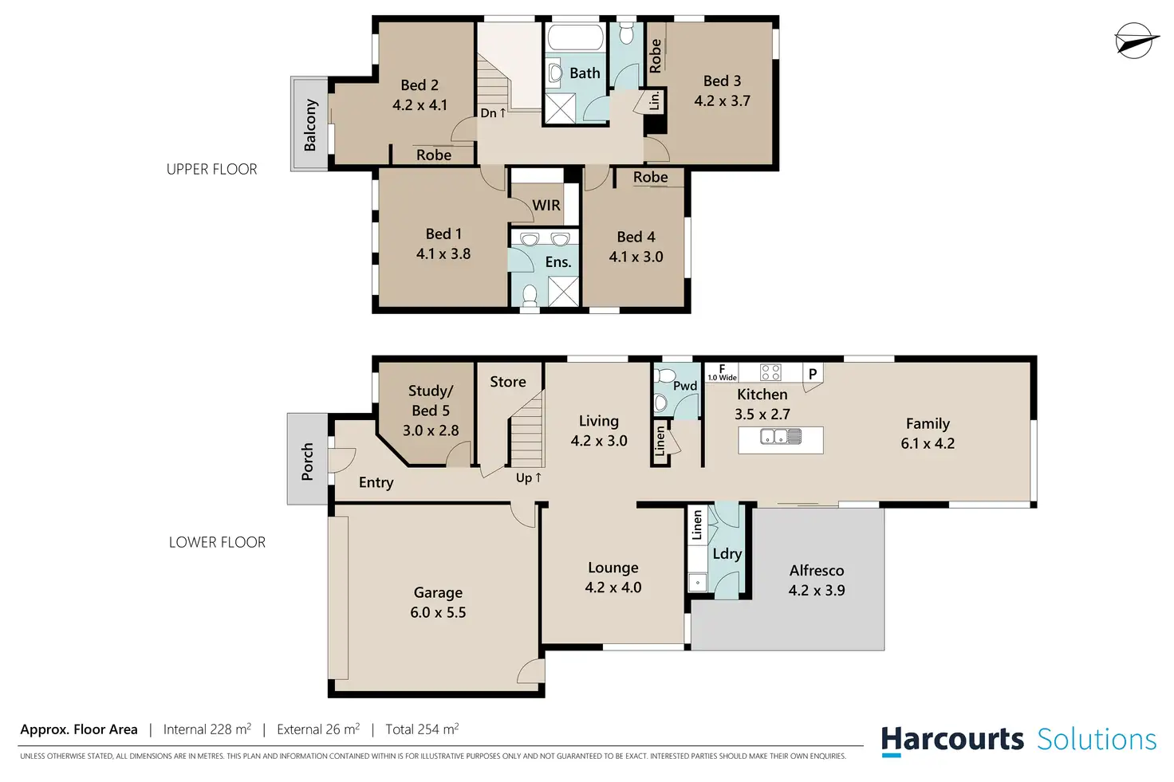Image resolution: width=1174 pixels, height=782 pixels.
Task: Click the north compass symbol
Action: [1136, 41]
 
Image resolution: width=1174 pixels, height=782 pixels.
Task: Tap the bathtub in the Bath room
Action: [576, 37]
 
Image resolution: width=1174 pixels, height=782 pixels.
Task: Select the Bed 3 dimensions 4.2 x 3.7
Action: [723, 100]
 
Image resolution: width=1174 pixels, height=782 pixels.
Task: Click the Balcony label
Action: [309, 124]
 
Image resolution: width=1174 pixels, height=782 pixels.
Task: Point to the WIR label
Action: [546, 205]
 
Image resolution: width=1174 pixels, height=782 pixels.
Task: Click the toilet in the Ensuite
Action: [530, 296]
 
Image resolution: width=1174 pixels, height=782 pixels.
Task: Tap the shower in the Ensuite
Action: [563, 291]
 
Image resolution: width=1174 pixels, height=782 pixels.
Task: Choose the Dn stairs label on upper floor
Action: [493, 112]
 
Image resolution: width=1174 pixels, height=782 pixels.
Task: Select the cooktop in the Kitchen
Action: [770, 372]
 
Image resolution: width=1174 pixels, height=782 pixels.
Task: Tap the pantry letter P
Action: [813, 374]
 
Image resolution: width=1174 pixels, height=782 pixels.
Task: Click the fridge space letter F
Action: [722, 369]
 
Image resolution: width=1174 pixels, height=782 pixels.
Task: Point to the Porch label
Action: [307, 462]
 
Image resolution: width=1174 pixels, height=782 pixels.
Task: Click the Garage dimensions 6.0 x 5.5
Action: [438, 612]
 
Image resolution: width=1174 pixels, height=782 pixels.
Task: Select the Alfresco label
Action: [817, 571]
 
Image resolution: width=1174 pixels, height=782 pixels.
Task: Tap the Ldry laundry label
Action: [727, 554]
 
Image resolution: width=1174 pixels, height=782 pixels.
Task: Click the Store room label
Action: [508, 382]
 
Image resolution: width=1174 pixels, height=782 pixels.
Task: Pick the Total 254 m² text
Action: [422, 729]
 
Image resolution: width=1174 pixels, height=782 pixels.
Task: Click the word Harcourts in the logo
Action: [952, 739]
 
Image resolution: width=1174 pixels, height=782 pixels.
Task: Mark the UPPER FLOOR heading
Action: [211, 169]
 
